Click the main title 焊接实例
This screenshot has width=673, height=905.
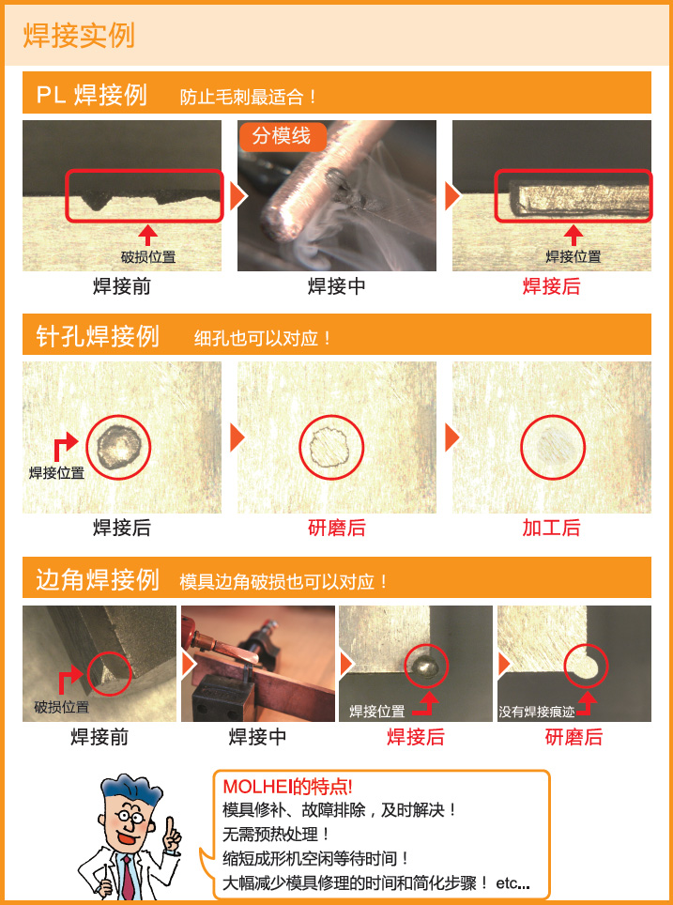[79, 36]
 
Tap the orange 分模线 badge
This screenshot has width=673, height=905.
[283, 137]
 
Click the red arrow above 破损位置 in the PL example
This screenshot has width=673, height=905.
[148, 236]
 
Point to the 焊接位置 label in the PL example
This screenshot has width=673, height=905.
[574, 257]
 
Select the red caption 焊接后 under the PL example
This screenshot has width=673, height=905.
[551, 286]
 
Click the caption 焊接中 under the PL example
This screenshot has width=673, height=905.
[336, 286]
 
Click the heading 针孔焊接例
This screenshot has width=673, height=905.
[97, 336]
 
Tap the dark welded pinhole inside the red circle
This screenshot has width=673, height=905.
[119, 446]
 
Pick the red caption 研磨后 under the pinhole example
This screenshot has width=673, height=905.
[336, 528]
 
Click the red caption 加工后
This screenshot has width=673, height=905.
[551, 528]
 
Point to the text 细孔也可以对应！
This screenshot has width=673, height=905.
[263, 338]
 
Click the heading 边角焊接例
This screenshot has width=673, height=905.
[97, 579]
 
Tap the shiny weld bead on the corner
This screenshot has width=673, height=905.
[426, 667]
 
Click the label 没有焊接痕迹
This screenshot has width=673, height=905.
[537, 713]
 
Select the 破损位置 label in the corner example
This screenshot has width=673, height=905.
[61, 707]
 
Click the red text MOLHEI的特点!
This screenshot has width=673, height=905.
[287, 787]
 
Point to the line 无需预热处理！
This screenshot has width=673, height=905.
[277, 835]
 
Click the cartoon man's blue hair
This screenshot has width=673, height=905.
[130, 789]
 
